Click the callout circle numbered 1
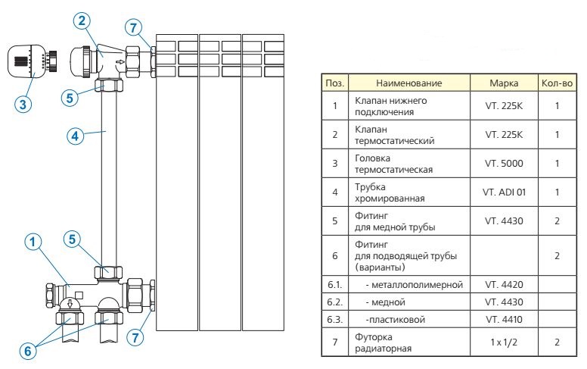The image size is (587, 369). point(32,243)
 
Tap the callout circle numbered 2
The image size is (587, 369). point(82,21)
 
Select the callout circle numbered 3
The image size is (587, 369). point(25,105)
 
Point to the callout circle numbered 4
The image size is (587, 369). point(73,136)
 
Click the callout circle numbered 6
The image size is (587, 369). point(27,351)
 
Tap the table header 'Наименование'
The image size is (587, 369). point(408,82)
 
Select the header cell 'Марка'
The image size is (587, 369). point(504,82)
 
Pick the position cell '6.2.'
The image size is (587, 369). point(334,302)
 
